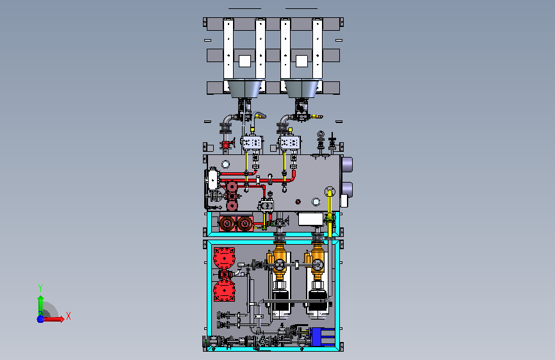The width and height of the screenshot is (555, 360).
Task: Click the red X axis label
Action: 68,316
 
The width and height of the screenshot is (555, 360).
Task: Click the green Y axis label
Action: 40,288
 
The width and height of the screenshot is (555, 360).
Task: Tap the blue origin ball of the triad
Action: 41,319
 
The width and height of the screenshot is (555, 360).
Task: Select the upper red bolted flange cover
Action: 224,258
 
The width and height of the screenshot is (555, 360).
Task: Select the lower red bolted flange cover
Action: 224,290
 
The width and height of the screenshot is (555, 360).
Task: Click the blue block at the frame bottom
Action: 323,336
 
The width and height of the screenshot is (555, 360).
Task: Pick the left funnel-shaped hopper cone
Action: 245,88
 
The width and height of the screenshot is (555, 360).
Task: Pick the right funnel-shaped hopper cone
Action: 302,88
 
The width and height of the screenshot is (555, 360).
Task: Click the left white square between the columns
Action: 245,61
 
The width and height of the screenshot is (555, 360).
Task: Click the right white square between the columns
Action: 302,61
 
